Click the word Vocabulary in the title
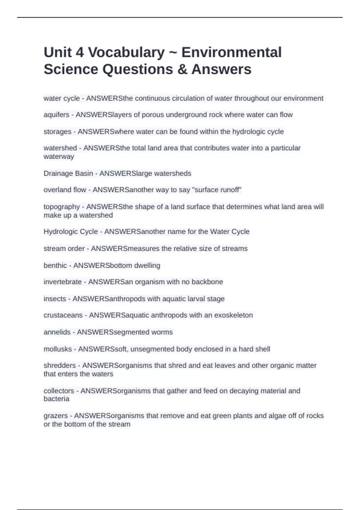(126, 52)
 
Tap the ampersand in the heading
(182, 69)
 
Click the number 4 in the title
(79, 52)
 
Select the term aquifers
(56, 115)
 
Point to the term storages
(57, 132)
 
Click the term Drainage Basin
(68, 173)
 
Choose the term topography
(61, 207)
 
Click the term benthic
(55, 265)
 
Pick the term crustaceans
(63, 315)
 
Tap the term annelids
(57, 332)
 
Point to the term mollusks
(58, 349)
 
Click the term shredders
(59, 366)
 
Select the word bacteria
(56, 399)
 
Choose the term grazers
(55, 416)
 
